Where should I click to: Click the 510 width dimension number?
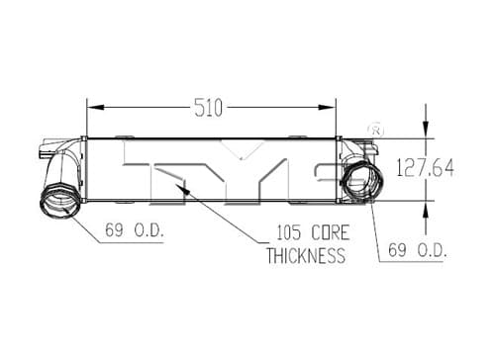(209, 108)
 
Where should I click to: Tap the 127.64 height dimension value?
(426, 167)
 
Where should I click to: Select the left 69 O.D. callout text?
(135, 229)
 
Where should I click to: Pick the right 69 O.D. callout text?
(418, 250)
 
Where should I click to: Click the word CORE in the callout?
(331, 232)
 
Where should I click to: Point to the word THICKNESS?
(306, 255)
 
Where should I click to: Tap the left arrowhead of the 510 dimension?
(96, 108)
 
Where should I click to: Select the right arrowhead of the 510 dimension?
(327, 108)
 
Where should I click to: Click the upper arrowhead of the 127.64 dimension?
(426, 130)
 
